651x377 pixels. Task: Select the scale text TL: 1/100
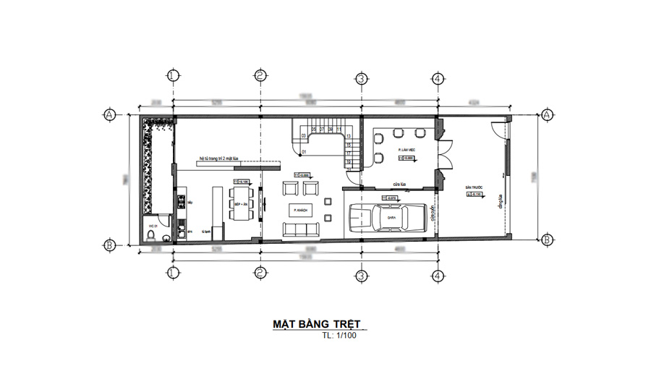coord(339,335)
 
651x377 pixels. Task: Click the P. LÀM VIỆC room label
coord(405,150)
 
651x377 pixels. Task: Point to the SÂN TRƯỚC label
coord(475,187)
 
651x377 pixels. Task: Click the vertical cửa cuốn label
coord(434,214)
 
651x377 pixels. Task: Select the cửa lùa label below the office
coord(399,184)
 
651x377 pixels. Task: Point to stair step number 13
coord(349,136)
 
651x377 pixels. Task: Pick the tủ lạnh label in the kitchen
coord(205,232)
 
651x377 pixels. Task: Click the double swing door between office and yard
coord(443,153)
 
